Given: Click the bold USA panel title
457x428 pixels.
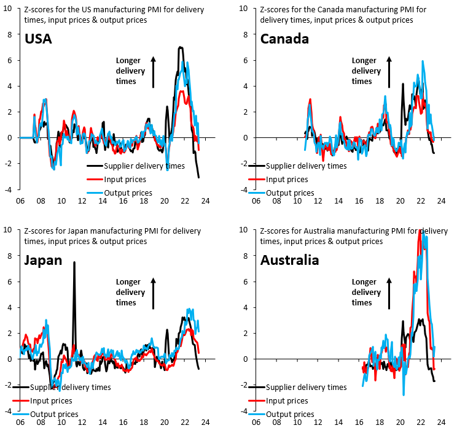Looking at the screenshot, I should click(x=38, y=39).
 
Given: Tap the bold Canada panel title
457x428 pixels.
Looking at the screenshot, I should click(x=284, y=39).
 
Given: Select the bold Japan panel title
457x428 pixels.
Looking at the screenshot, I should click(x=43, y=260).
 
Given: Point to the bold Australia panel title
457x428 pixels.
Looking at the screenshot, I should click(x=289, y=260).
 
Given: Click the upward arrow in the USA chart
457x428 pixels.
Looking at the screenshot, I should click(x=154, y=71).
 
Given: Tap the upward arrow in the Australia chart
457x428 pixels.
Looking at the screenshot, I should click(x=389, y=292).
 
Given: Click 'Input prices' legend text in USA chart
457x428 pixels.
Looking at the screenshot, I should click(x=126, y=180).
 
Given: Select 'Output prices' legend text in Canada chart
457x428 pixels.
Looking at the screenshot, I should click(x=290, y=193).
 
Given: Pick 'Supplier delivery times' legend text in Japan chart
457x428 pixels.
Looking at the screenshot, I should click(x=71, y=387).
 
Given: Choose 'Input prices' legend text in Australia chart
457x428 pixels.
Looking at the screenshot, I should click(x=287, y=400).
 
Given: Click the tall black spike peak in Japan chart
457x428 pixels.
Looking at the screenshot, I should click(x=74, y=262).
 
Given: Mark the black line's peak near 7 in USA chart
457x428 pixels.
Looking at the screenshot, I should click(x=180, y=47).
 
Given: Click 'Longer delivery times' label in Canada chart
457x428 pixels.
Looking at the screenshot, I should click(x=365, y=71).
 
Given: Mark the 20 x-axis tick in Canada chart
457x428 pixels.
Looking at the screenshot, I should click(x=400, y=201).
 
